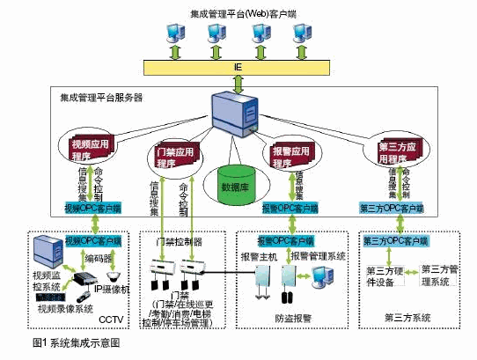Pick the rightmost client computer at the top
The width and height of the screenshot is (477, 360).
pyautogui.click(x=305, y=33)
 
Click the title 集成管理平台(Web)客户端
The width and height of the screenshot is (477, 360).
pyautogui.click(x=237, y=12)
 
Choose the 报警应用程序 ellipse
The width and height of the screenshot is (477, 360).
pyautogui.click(x=291, y=151)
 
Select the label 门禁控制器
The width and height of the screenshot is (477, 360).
pyautogui.click(x=177, y=241)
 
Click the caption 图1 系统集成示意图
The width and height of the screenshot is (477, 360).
pyautogui.click(x=72, y=342)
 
